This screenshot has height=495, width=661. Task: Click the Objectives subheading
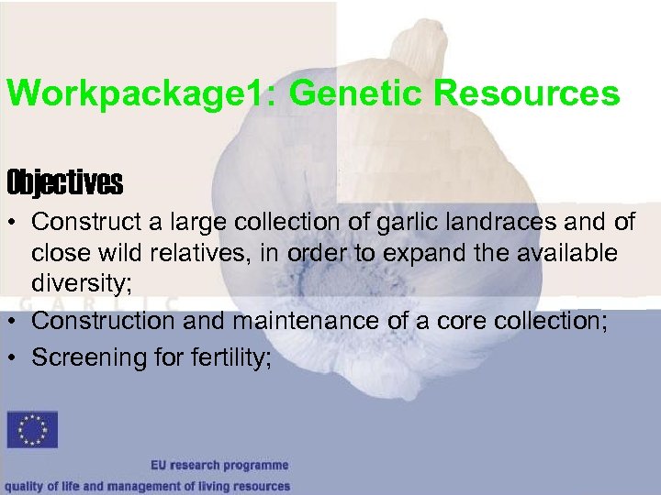64,183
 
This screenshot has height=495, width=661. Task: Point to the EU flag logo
32,430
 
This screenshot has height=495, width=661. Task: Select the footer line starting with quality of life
146,486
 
